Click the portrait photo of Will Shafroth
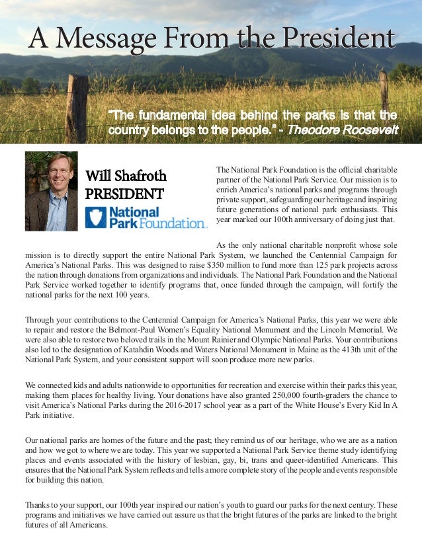click(51, 191)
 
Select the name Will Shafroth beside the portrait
click(126, 176)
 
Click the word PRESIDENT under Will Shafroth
click(124, 194)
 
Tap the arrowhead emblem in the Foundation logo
click(96, 217)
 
